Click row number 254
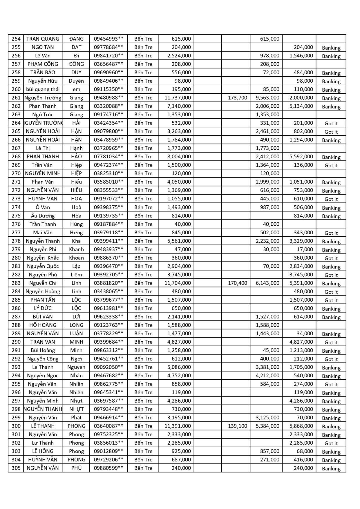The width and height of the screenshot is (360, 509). (x=16, y=39)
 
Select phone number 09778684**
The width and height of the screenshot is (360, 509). (x=108, y=47)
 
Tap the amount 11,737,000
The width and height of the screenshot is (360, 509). (x=178, y=98)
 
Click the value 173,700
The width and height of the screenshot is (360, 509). (x=237, y=98)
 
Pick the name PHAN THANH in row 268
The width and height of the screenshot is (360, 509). (x=43, y=157)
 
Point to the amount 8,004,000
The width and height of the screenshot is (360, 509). (x=179, y=157)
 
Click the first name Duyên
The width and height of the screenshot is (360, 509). (x=76, y=81)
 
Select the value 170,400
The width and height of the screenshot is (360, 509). (x=237, y=283)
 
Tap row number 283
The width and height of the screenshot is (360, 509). (x=16, y=283)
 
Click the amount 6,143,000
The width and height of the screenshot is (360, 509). (x=267, y=283)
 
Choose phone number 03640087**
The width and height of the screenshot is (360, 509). (x=108, y=426)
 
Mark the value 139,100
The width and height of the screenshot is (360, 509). (x=237, y=426)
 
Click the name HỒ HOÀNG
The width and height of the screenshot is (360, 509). (x=43, y=325)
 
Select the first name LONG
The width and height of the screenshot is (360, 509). (x=76, y=325)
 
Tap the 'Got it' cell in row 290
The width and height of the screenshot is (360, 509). (x=331, y=342)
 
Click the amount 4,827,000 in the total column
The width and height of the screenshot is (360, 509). (x=179, y=342)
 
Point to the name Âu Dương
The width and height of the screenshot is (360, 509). (x=43, y=216)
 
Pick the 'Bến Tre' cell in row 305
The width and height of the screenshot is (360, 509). (x=143, y=468)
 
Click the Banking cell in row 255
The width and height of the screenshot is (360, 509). (x=331, y=48)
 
